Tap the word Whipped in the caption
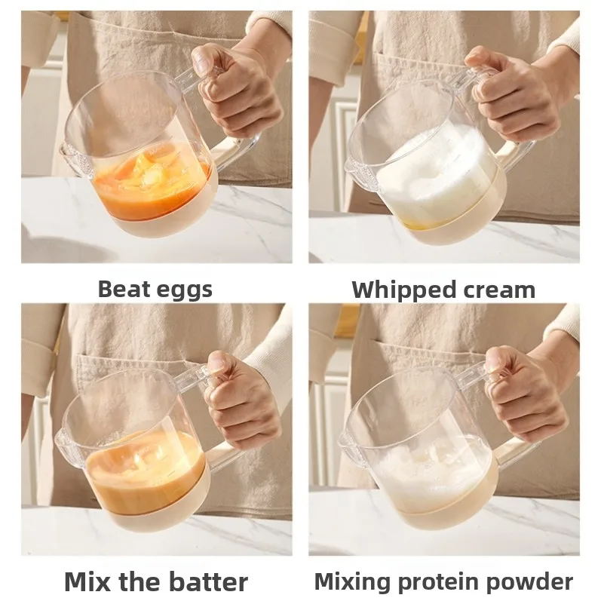point(404,291)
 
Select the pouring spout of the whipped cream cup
point(353,169)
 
